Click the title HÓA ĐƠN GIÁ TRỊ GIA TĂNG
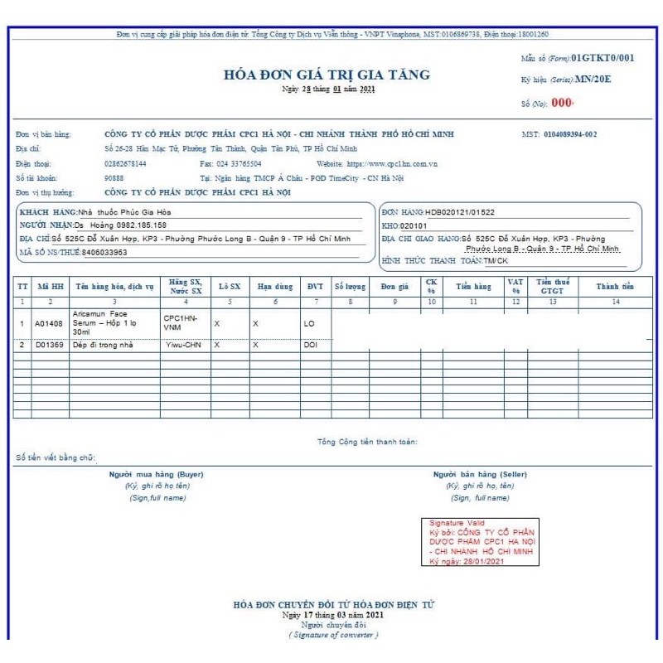tap(327, 75)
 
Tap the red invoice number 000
tap(562, 104)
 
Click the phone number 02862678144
tap(125, 164)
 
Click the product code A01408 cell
tap(49, 323)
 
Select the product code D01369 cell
tap(49, 344)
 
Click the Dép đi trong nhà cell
tap(104, 344)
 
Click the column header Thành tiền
tap(615, 287)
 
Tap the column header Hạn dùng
tap(274, 287)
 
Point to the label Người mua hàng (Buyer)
tap(156, 474)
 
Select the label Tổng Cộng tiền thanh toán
tap(367, 442)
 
